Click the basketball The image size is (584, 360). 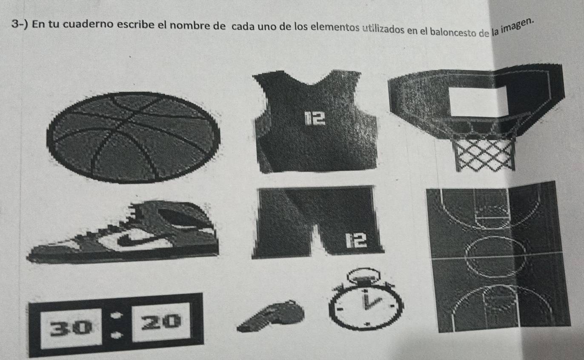point(133,137)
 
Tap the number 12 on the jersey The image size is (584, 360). point(314,119)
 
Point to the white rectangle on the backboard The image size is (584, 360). point(478,101)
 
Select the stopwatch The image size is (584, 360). point(365,304)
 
